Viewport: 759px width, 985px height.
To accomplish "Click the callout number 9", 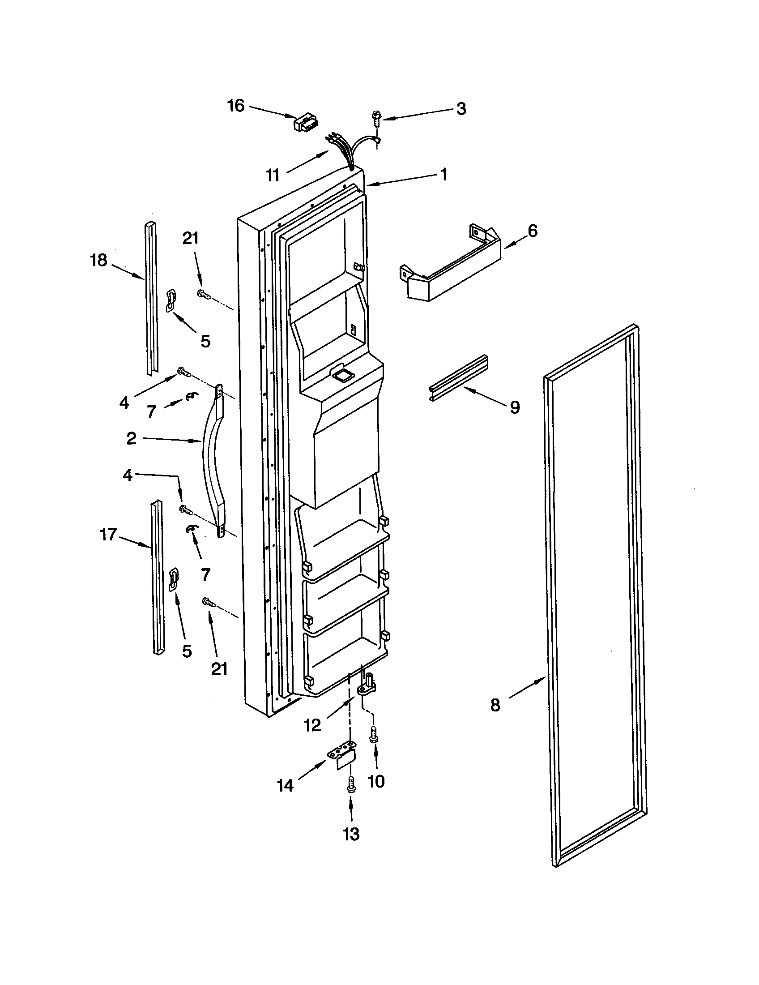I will tap(515, 407).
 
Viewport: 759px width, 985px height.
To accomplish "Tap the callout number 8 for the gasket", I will tap(495, 705).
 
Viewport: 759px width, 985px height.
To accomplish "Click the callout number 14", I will tap(286, 786).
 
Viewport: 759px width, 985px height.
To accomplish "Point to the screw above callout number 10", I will tap(374, 735).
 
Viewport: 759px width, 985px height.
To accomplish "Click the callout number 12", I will tap(312, 725).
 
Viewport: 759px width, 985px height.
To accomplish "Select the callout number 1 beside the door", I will tap(443, 174).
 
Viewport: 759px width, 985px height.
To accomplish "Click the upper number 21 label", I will tap(191, 238).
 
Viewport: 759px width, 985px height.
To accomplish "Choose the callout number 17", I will tap(108, 535).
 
